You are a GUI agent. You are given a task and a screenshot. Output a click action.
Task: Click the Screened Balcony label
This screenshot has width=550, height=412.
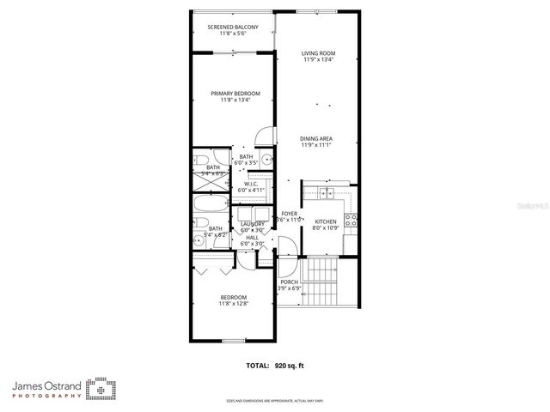(x=233, y=27)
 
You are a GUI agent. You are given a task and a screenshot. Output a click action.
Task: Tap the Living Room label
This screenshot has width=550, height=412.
(x=316, y=54)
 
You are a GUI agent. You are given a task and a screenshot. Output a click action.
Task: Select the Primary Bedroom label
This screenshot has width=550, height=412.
(x=235, y=94)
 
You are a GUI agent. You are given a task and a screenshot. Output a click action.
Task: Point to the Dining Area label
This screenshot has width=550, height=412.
(x=316, y=138)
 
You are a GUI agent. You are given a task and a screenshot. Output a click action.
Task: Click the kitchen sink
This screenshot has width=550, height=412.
(x=327, y=193)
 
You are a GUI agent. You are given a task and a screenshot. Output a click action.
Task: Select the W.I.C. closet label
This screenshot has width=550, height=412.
(x=252, y=184)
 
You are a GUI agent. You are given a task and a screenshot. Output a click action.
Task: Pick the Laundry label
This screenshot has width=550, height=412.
(x=252, y=224)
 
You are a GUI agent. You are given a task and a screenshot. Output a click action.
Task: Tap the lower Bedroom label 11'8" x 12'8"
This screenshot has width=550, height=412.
(x=232, y=297)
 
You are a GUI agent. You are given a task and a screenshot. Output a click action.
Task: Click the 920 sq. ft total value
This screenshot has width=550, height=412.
(x=290, y=365)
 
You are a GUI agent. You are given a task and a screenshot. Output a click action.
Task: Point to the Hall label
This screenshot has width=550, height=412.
(x=252, y=238)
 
